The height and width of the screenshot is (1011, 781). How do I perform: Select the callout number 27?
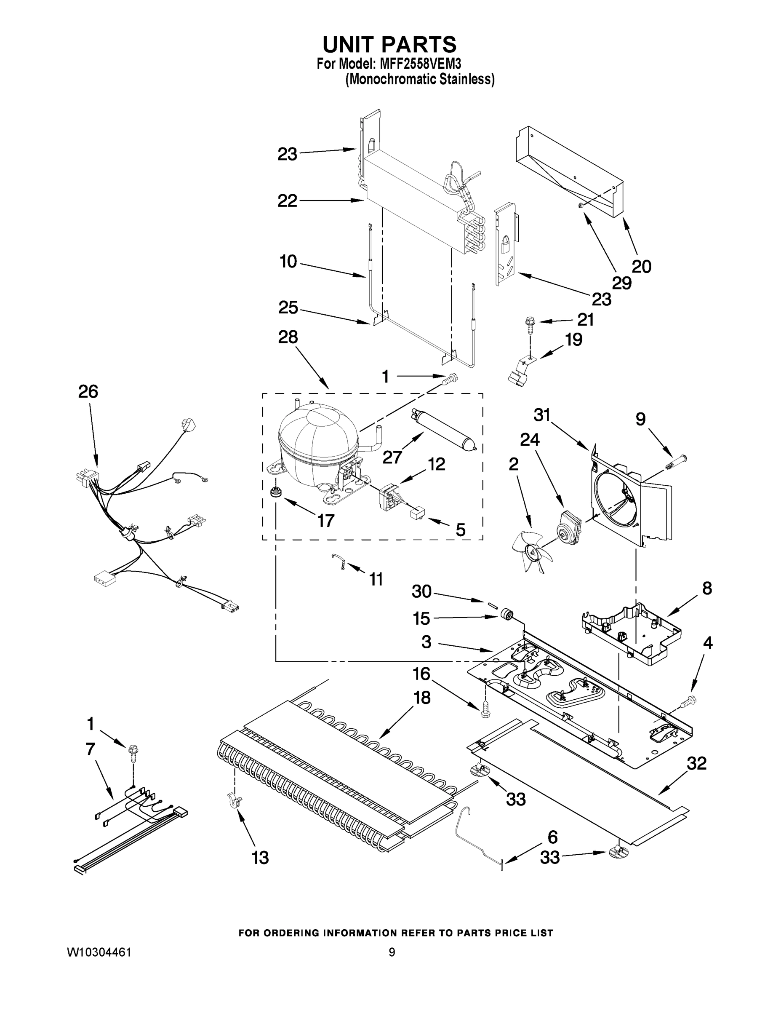click(x=392, y=457)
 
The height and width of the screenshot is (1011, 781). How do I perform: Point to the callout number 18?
click(x=421, y=698)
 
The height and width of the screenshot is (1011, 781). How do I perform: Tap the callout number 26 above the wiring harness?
click(x=88, y=392)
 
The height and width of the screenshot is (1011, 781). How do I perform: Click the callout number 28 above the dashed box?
click(x=288, y=337)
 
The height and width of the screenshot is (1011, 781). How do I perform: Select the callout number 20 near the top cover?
click(x=642, y=266)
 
